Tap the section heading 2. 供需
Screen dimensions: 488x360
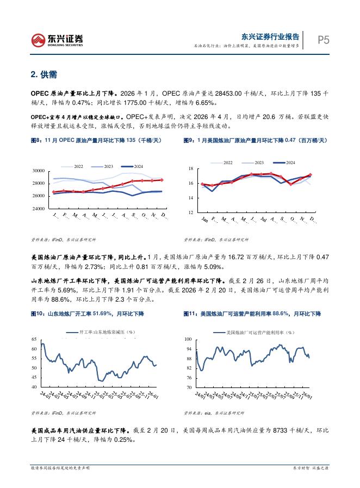coord(44,74)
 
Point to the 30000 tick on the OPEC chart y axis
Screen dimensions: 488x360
coord(38,171)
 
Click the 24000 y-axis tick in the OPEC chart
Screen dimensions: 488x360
coord(38,209)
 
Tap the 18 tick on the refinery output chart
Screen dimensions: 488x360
coord(191,169)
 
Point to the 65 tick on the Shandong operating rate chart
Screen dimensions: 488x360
coord(34,339)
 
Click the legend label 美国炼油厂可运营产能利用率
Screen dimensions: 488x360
coord(263,331)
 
